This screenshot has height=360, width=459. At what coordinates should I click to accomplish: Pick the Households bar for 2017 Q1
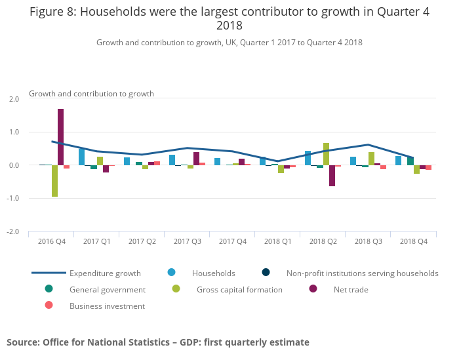81,157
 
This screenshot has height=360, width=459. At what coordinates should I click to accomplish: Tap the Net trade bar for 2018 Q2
332,176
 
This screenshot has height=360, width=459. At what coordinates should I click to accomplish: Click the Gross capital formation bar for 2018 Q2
326,154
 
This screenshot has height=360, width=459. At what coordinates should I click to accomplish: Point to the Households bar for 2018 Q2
308,158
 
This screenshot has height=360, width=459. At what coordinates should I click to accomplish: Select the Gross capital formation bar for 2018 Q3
371,159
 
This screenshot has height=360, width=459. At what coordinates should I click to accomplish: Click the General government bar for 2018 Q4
410,161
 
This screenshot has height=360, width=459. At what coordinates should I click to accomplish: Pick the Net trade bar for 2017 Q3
196,159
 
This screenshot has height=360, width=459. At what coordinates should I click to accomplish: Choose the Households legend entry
213,273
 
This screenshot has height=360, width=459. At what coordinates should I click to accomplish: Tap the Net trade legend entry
350,289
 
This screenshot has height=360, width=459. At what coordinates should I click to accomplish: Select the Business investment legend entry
107,306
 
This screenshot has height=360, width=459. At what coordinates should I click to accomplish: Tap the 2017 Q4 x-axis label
233,241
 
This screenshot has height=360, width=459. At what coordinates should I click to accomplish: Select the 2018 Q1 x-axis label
278,241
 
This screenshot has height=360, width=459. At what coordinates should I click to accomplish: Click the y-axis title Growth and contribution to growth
91,94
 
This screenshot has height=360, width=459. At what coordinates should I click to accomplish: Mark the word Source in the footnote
22,342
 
